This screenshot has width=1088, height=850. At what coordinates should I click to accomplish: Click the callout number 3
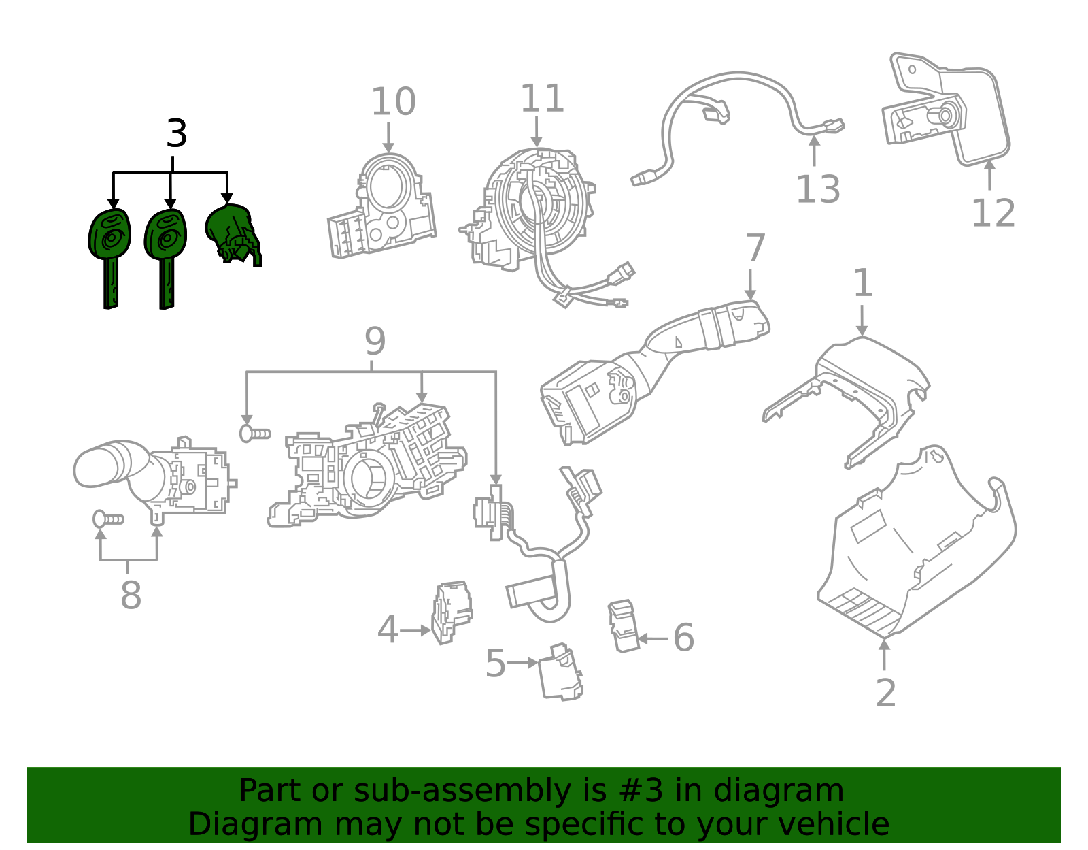pos(176,134)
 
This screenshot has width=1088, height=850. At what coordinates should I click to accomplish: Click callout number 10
pos(393,103)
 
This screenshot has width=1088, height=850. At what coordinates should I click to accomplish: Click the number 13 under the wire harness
pos(818,189)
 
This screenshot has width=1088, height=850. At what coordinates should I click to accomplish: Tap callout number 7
pos(755,248)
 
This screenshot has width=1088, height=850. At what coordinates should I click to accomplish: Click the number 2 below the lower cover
pos(885,693)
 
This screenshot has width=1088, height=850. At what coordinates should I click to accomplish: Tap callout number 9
pos(375,342)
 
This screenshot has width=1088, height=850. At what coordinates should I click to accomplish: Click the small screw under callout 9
pos(254,434)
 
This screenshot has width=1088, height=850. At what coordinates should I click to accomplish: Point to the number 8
pos(131,595)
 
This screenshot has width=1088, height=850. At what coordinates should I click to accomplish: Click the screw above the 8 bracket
pos(107,519)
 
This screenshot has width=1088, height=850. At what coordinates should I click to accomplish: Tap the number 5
pos(495,664)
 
